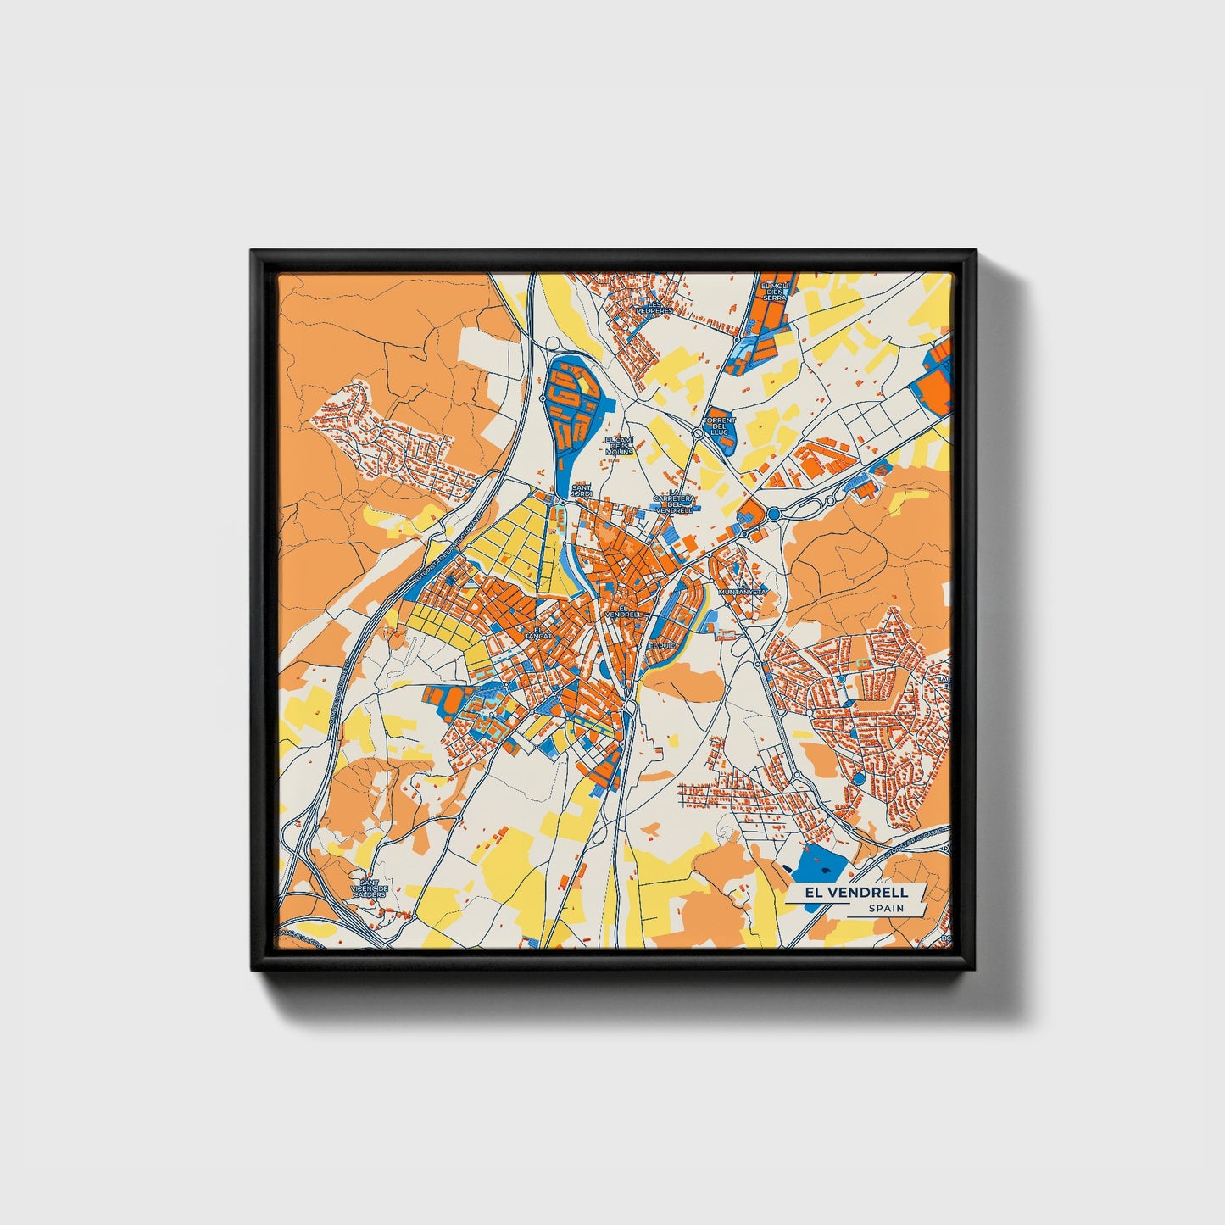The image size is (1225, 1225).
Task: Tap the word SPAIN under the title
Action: click(885, 909)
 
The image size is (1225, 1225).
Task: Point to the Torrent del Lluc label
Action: click(719, 426)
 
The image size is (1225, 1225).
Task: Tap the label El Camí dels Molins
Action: click(620, 446)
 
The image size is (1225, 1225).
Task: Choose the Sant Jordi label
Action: click(582, 491)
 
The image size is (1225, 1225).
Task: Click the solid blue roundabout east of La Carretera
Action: click(773, 514)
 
